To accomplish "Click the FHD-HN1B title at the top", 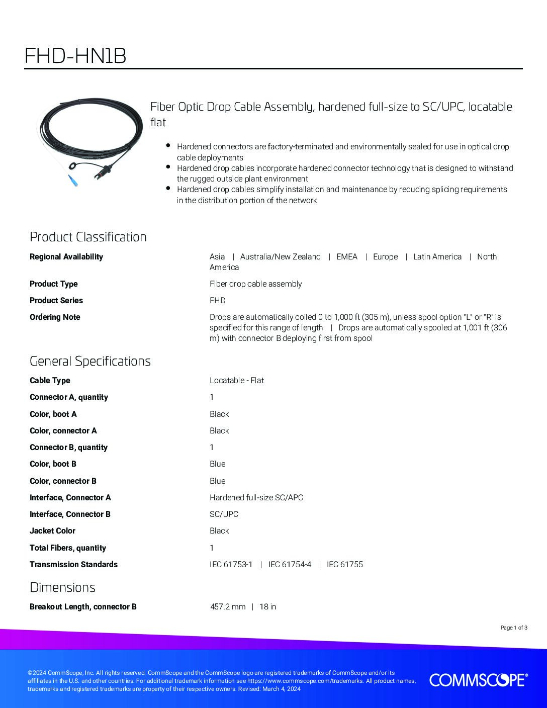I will click(75, 56).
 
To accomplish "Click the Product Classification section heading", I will click(88, 237).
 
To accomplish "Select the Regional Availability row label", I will click(66, 256).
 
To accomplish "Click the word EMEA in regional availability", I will click(347, 256).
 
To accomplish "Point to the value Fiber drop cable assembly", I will click(255, 284).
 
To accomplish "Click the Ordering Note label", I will click(55, 317).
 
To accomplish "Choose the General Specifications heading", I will click(90, 361).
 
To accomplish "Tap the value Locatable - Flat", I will click(236, 380).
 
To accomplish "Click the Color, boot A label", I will click(53, 414).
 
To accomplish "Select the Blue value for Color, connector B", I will click(217, 481).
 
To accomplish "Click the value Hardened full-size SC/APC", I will click(256, 497).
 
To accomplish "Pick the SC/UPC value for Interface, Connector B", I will click(224, 514).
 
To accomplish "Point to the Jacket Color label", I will click(52, 530).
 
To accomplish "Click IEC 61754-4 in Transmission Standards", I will click(290, 564).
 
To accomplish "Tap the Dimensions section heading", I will click(62, 587).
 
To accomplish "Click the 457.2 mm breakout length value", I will click(228, 606).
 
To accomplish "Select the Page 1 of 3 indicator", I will click(514, 628).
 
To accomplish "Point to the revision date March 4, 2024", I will click(281, 689).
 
